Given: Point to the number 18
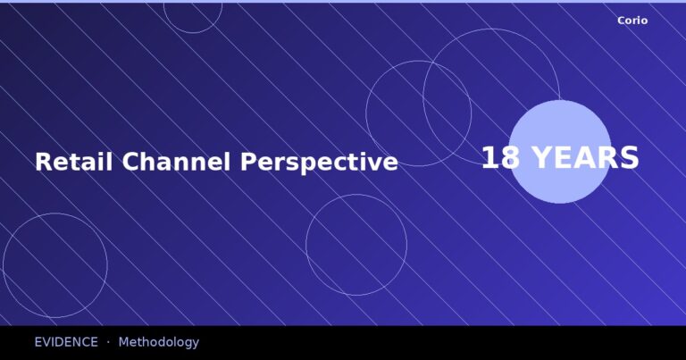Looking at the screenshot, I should point(500,158).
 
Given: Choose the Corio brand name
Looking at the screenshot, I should point(632,21).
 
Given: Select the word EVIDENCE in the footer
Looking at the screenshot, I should point(66,342).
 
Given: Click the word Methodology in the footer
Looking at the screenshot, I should point(158,342).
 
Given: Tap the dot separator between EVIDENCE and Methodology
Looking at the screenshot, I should point(108,342).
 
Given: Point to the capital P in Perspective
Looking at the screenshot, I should point(247,162).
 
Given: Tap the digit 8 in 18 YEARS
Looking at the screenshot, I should point(511,158).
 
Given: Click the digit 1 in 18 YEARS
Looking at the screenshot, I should point(489,158).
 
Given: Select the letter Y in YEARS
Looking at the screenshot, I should point(540,158).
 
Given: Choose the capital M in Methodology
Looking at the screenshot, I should point(124,342).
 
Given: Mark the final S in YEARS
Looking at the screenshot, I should point(630,158).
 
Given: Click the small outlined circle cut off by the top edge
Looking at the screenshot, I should point(192,16).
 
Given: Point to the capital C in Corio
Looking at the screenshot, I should point(621,21).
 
